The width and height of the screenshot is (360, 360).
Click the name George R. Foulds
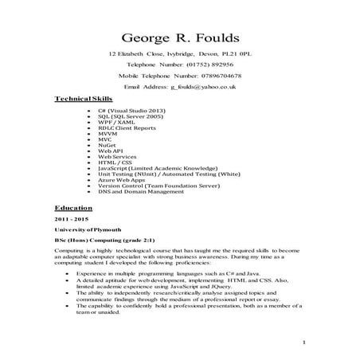point(179,37)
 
